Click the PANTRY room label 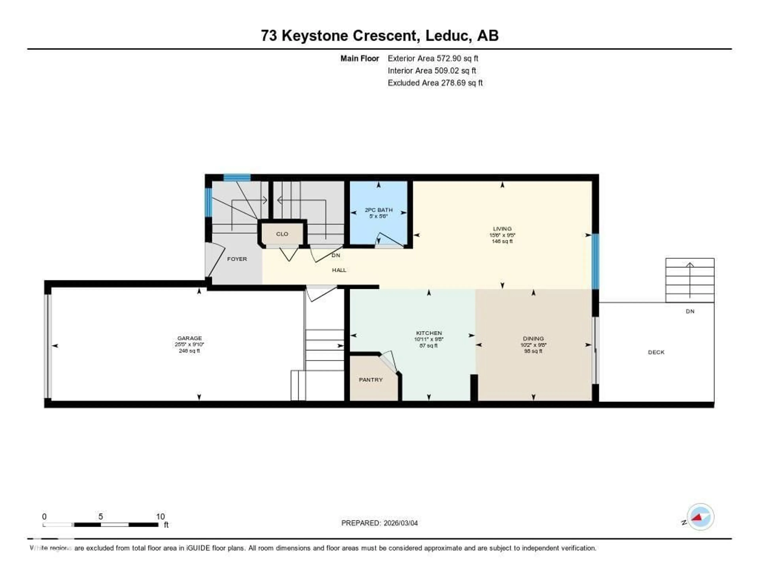(x=370, y=380)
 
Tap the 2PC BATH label (x=379, y=210)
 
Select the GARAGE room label (x=189, y=338)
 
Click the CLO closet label (x=282, y=234)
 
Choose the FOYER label (x=237, y=259)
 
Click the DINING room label (x=533, y=338)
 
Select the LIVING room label (x=502, y=229)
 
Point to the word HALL (x=339, y=270)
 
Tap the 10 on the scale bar (x=160, y=516)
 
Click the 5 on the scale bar (x=100, y=516)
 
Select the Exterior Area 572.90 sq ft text (x=433, y=58)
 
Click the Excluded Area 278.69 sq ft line (x=435, y=83)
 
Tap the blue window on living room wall (x=595, y=261)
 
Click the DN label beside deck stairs (x=690, y=311)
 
